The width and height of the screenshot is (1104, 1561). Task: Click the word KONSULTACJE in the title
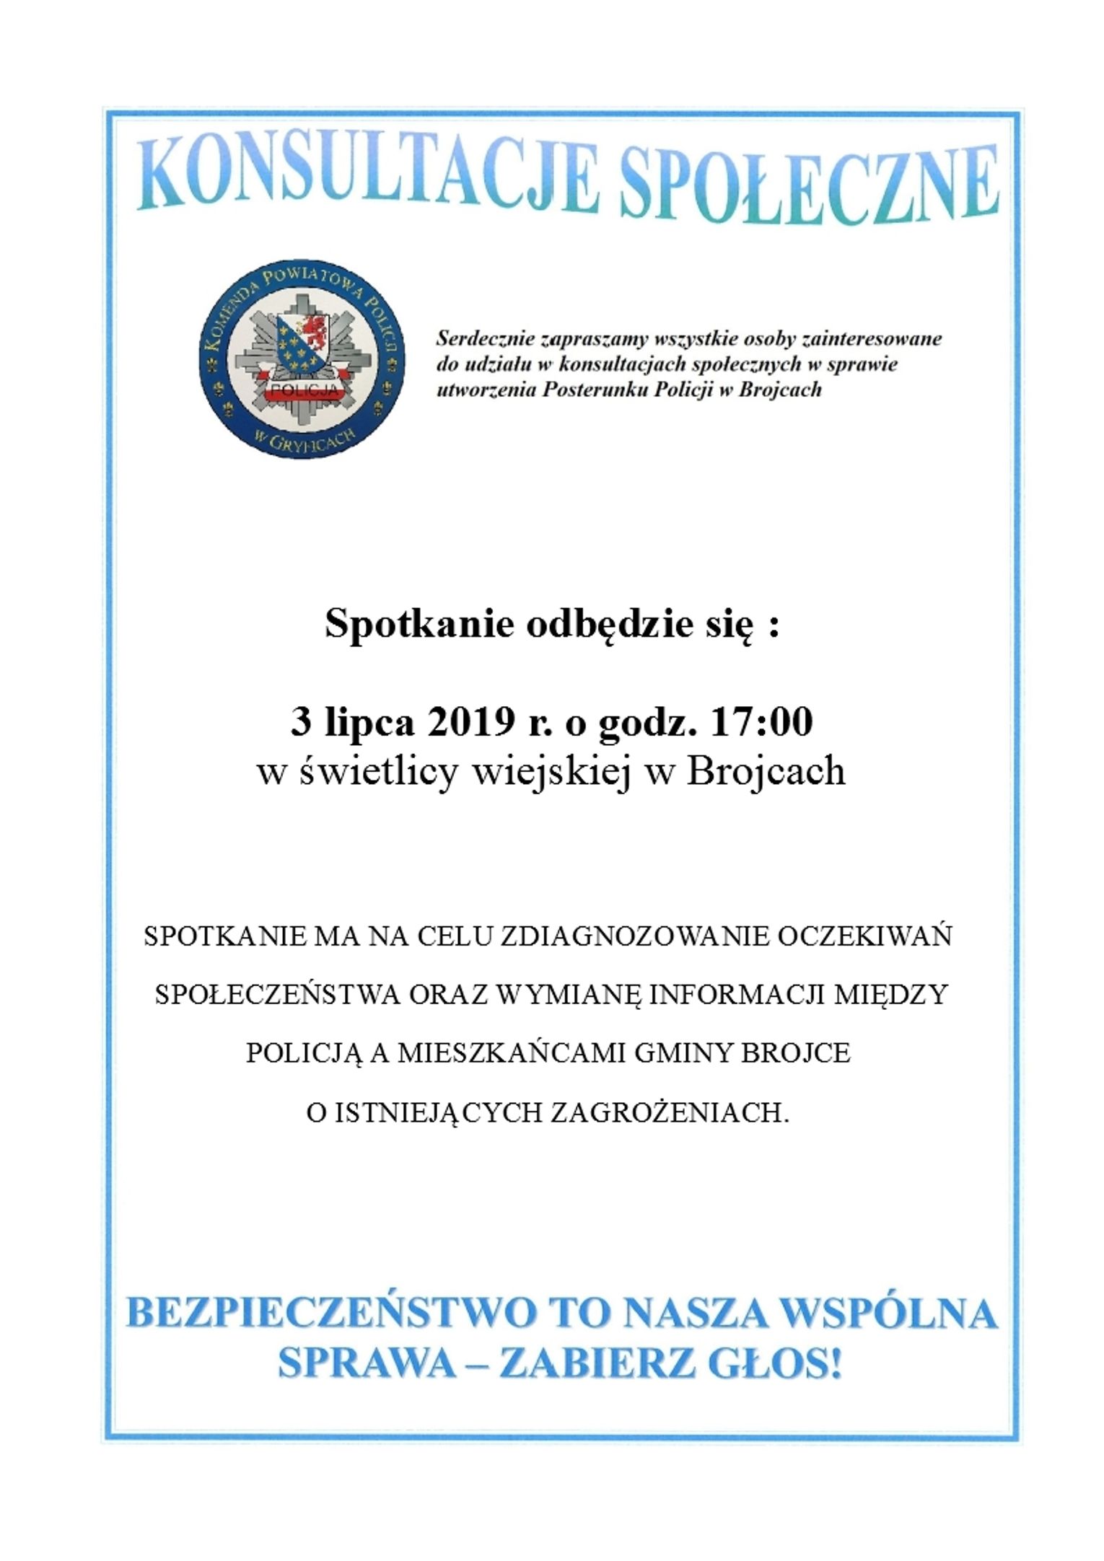368,176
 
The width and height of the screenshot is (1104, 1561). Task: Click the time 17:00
761,721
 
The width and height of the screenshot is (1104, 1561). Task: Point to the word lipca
370,723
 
